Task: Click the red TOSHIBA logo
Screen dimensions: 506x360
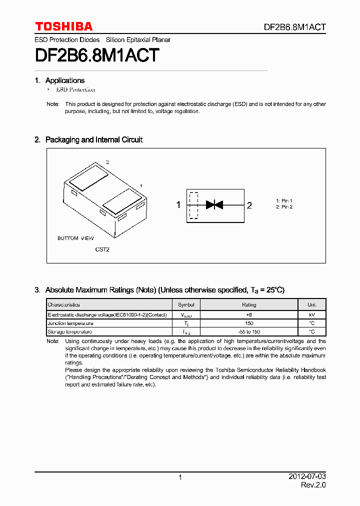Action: point(63,26)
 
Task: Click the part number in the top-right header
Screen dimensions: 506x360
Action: point(295,27)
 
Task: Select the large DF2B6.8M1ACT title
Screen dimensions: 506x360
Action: point(97,55)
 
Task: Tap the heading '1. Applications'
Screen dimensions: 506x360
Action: point(59,80)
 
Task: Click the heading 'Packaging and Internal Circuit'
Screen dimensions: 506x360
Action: point(93,140)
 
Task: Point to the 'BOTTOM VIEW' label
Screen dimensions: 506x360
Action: point(75,238)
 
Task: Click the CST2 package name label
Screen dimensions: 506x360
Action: point(102,249)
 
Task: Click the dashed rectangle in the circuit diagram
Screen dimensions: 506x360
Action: point(193,205)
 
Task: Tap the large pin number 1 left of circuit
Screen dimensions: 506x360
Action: point(178,205)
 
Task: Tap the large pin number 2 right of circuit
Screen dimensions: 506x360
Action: point(249,205)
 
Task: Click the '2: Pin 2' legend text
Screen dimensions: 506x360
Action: point(284,207)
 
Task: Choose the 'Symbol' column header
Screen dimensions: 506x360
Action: point(186,304)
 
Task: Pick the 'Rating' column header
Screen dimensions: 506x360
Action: point(249,304)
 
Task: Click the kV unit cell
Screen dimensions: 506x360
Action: point(311,315)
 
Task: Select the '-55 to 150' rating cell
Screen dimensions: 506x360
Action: point(249,331)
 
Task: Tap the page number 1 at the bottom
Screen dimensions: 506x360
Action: point(180,478)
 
